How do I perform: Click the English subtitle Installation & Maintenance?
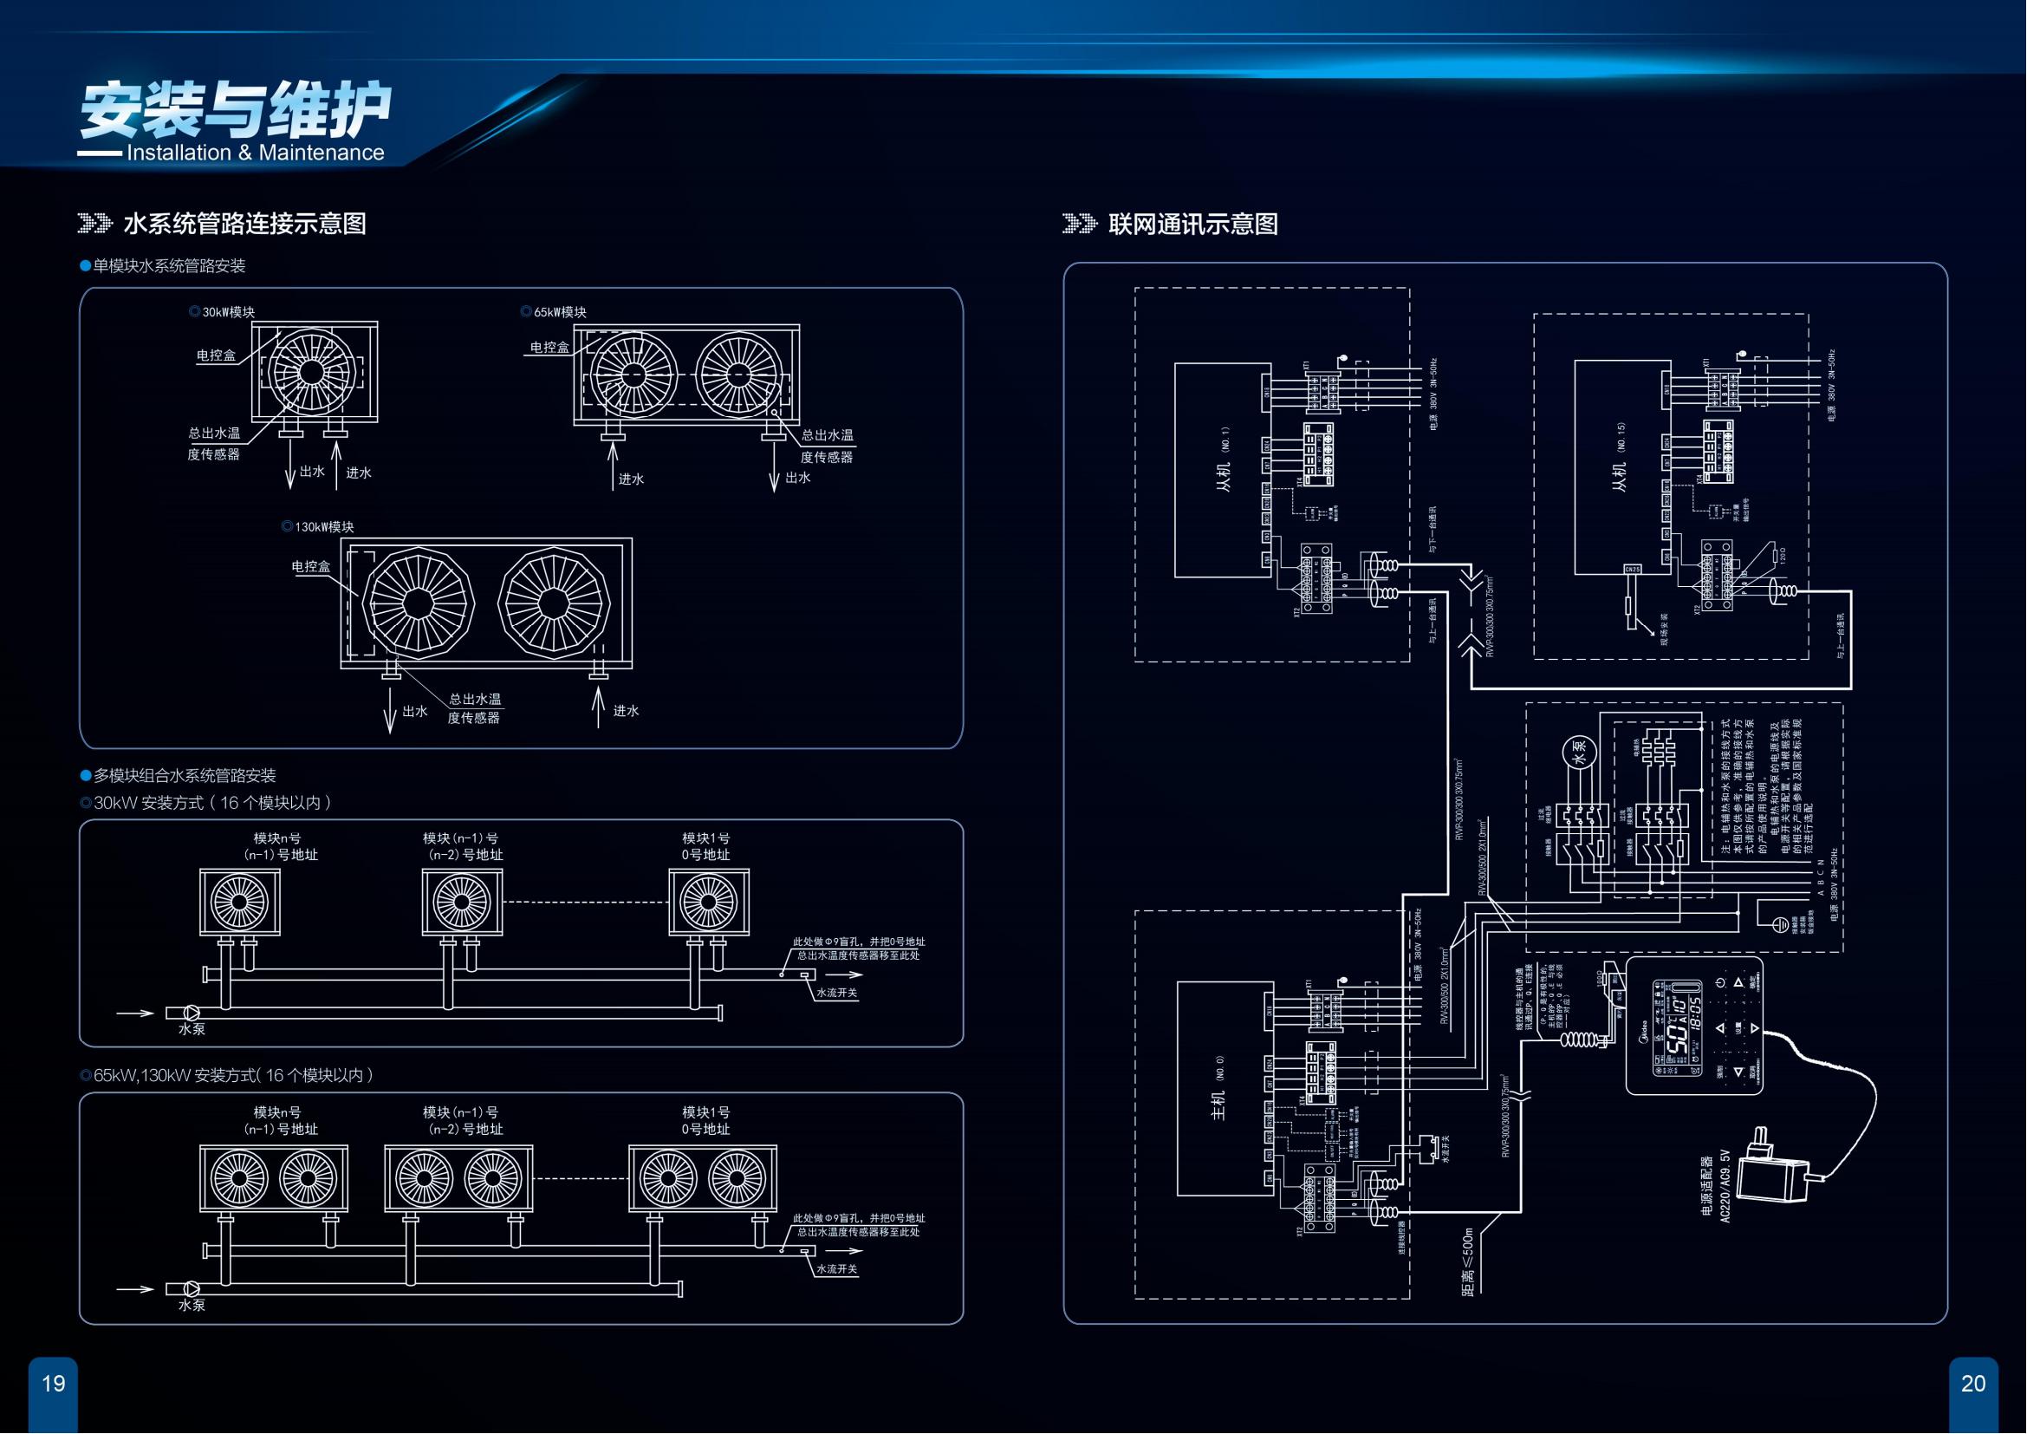(255, 153)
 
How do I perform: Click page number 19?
(54, 1383)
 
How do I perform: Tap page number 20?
(1972, 1383)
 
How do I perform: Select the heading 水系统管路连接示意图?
(244, 224)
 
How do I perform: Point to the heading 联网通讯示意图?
(1192, 224)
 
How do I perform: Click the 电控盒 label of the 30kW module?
(217, 355)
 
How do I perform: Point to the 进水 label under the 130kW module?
(626, 711)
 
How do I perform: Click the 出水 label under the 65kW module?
(797, 478)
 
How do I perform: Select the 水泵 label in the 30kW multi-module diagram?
(192, 1029)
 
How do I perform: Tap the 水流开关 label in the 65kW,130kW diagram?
(836, 1269)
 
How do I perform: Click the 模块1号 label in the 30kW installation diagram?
(705, 838)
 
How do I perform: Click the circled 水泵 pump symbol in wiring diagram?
(1581, 751)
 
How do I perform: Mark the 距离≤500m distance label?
(1467, 1261)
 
